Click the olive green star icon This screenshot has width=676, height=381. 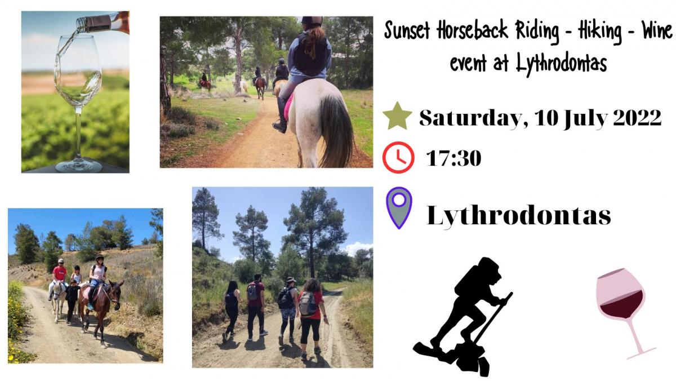pyautogui.click(x=397, y=117)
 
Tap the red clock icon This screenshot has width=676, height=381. pyautogui.click(x=398, y=158)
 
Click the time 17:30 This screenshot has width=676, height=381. pyautogui.click(x=453, y=158)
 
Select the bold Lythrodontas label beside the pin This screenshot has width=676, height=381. pyautogui.click(x=519, y=215)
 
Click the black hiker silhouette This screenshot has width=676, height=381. pyautogui.click(x=462, y=316)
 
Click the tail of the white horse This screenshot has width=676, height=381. pyautogui.click(x=336, y=131)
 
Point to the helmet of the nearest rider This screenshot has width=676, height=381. pyautogui.click(x=312, y=21)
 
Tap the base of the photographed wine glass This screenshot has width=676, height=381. pyautogui.click(x=78, y=166)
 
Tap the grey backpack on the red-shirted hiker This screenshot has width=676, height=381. pyautogui.click(x=308, y=303)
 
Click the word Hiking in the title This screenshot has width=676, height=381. pyautogui.click(x=599, y=32)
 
